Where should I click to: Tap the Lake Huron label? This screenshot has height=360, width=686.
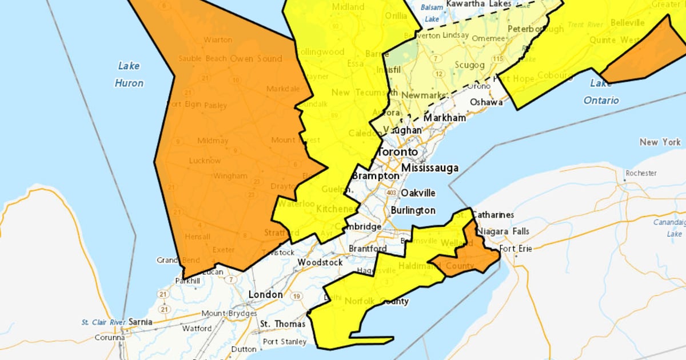[129, 74]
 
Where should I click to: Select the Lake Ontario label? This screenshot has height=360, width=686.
[601, 92]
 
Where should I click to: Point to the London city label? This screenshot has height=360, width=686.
[265, 294]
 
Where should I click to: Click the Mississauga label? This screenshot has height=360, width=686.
[430, 168]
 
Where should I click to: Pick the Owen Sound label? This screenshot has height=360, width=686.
[256, 58]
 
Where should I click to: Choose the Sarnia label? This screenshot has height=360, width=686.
[140, 322]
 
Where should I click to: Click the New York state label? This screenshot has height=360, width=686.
[660, 142]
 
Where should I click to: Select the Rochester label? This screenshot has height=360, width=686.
[641, 173]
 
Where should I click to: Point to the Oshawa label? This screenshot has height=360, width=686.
[486, 102]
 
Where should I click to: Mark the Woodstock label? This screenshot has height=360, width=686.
[320, 262]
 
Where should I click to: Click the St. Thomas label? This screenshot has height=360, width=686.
[282, 324]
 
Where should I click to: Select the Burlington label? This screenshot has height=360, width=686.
[413, 210]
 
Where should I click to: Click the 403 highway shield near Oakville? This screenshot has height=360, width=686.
[392, 193]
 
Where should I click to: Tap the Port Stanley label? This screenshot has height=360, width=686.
[285, 342]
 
